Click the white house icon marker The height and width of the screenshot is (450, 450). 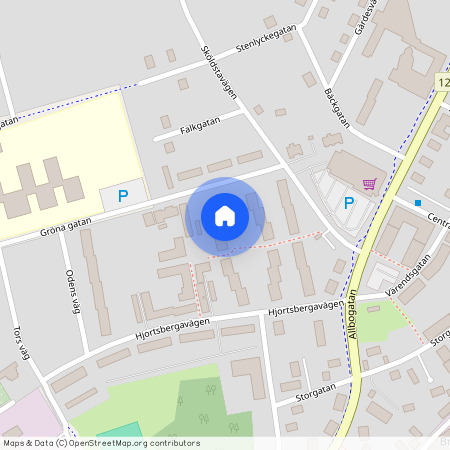(225, 215)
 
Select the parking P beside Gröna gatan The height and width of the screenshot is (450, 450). (123, 197)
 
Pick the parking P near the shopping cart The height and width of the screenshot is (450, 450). (349, 203)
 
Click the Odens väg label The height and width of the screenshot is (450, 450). (70, 291)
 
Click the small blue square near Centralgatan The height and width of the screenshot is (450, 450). (418, 203)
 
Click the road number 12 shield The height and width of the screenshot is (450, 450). (443, 80)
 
